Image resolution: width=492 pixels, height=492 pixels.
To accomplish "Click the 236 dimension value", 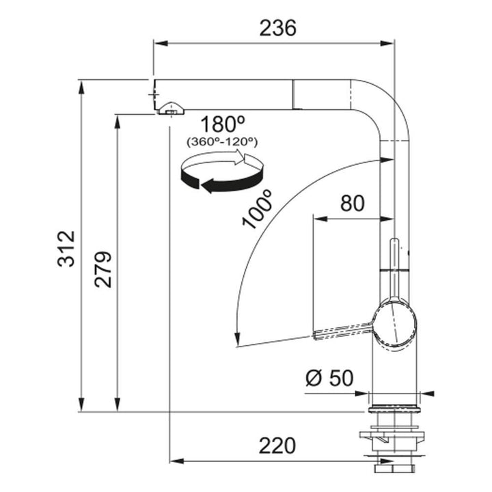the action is (x=277, y=28).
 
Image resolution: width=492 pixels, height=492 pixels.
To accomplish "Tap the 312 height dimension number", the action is (x=66, y=249).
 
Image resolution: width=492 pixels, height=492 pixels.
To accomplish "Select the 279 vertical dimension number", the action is (x=103, y=269).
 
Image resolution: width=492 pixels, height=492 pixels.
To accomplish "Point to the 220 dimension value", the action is (x=277, y=446).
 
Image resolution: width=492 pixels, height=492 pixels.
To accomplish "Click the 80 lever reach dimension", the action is (x=353, y=203).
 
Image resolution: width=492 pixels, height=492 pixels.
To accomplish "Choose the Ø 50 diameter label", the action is (x=329, y=378).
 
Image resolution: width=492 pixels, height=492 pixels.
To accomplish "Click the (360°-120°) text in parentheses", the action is (x=222, y=142).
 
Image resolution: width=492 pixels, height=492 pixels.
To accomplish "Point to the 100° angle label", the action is (x=258, y=209).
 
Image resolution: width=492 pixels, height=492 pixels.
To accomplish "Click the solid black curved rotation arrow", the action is (x=222, y=180).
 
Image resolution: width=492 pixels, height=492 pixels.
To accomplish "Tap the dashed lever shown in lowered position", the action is (x=344, y=331).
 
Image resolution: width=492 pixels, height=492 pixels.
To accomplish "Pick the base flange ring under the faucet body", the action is (x=394, y=409).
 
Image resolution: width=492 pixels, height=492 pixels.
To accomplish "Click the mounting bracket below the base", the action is (x=392, y=439).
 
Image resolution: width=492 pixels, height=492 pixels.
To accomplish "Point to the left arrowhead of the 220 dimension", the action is (x=177, y=461).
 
